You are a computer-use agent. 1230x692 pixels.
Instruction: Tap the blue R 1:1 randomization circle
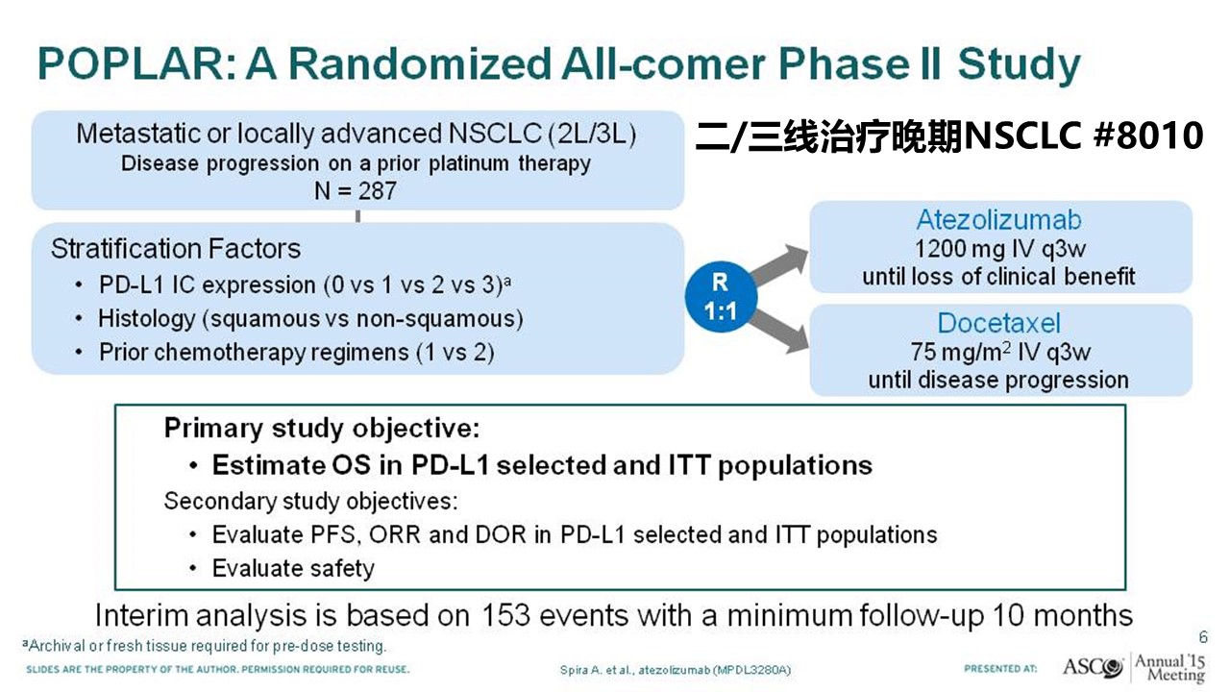(x=721, y=297)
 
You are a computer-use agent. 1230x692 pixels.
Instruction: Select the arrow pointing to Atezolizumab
(x=779, y=264)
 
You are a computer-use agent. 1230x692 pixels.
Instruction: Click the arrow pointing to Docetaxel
(x=779, y=330)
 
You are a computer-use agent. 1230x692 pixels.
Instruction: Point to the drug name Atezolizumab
(x=998, y=220)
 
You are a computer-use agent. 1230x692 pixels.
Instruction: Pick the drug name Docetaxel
(x=998, y=323)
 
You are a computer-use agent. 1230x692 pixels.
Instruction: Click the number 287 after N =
(x=378, y=191)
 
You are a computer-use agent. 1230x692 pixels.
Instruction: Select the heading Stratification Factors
(x=176, y=248)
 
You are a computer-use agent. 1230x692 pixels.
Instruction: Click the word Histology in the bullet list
(x=147, y=319)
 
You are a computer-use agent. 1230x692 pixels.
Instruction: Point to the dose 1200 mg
(x=959, y=249)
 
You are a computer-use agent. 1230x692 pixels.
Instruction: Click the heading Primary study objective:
(x=322, y=428)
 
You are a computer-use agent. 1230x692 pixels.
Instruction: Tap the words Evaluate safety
(x=293, y=568)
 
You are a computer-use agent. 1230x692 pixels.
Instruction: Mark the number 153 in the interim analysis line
(x=505, y=615)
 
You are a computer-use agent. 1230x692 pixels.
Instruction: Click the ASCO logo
(x=1094, y=667)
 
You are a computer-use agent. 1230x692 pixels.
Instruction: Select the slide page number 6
(x=1203, y=637)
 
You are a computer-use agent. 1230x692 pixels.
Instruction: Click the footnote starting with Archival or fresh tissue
(x=205, y=646)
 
